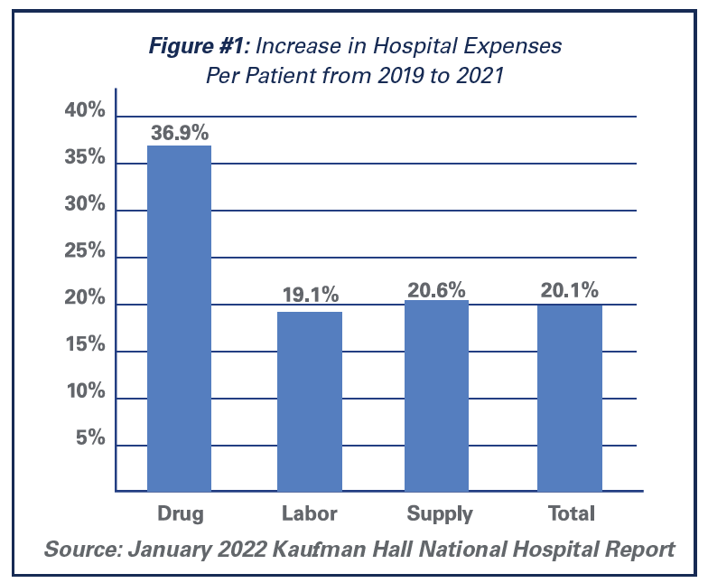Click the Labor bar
(310, 401)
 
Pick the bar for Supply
(437, 395)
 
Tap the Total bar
(570, 398)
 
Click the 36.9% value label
(181, 132)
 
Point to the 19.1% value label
(309, 295)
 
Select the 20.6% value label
(436, 289)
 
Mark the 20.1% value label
(569, 291)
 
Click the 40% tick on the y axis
(85, 112)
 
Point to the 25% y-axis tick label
(85, 252)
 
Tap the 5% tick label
(90, 439)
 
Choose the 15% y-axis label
(85, 346)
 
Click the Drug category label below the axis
(180, 514)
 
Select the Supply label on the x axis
(440, 514)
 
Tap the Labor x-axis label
(310, 514)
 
